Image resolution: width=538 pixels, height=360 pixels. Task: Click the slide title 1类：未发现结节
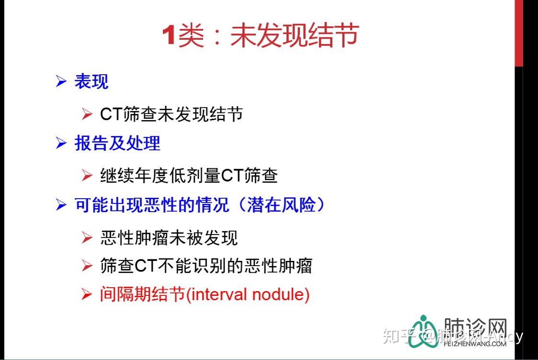261,35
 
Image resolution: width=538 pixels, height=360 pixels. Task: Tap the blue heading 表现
92,81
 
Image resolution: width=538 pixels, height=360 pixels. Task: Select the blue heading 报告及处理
117,143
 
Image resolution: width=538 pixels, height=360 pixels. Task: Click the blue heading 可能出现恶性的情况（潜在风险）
199,205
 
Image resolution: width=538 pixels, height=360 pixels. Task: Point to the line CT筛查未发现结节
172,114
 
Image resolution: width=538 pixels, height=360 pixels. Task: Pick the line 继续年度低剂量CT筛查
189,176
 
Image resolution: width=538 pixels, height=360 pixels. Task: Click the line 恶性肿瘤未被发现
169,237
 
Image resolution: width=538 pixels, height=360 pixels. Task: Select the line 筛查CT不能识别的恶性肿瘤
206,266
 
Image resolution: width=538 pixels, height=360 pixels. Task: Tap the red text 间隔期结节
142,294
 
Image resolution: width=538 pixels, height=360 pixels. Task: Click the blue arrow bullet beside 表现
61,81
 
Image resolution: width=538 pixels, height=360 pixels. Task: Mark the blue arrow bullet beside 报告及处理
61,143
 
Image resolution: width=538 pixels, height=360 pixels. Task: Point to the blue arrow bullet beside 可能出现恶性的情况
61,205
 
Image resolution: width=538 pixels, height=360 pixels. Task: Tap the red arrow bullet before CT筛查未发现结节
87,114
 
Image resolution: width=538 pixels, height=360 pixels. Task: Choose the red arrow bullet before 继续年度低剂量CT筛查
87,176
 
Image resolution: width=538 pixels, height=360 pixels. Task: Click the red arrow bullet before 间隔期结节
87,294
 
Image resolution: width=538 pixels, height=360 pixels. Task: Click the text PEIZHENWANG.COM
475,344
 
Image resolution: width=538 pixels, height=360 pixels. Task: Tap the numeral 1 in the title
169,35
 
